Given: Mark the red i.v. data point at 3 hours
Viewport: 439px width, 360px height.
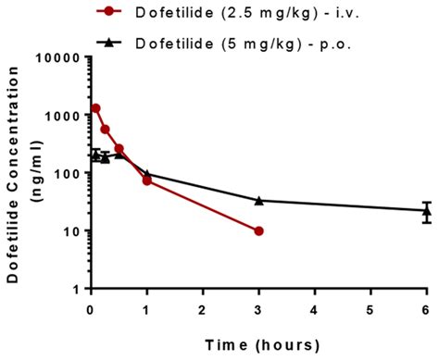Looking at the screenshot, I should (258, 230).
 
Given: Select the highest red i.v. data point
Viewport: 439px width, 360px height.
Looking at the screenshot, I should (95, 108).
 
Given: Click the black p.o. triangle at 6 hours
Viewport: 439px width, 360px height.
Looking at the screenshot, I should (426, 210).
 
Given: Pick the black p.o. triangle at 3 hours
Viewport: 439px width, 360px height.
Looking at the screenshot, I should (258, 200).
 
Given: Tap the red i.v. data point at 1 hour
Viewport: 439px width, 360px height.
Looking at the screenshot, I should (146, 180).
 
